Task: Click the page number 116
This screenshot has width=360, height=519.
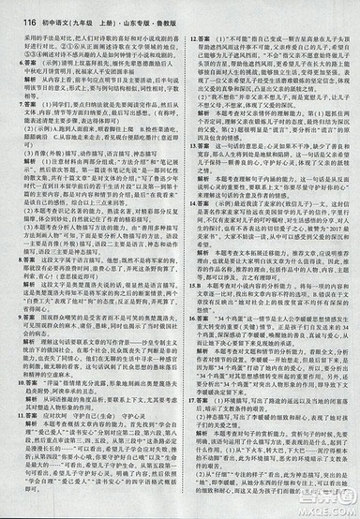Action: coord(13,11)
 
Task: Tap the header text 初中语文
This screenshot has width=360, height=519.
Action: coord(45,11)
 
